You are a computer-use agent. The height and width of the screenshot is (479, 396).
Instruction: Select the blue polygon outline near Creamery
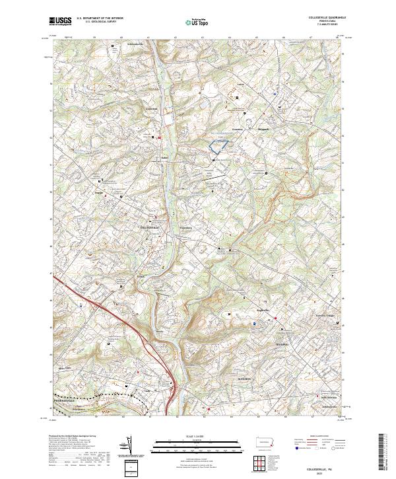coord(218,147)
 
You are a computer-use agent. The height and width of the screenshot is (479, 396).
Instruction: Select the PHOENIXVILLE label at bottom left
coord(65,400)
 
